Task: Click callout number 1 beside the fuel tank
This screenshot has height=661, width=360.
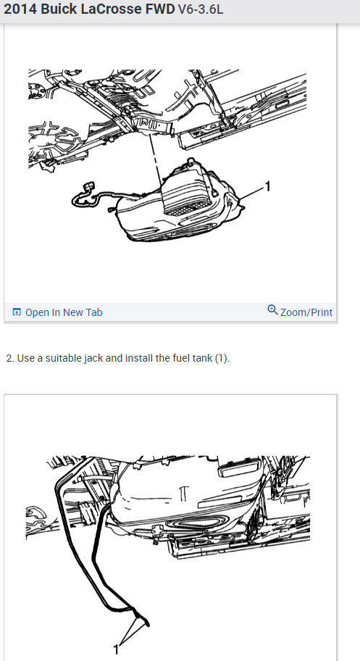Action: pos(267,186)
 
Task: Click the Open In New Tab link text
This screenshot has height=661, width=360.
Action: pos(64,312)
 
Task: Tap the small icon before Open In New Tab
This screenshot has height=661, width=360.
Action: pos(17,312)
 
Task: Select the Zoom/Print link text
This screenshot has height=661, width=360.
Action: pos(306,312)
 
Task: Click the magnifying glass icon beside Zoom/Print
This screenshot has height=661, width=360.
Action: pos(272,309)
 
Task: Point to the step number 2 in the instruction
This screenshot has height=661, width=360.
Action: pos(9,358)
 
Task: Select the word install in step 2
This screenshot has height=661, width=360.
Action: pos(139,358)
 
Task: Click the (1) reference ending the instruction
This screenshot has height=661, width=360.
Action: pos(222,358)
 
